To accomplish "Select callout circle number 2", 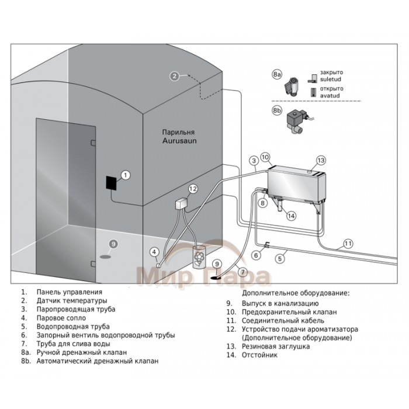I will coord(174,75).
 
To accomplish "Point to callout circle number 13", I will coord(320,160).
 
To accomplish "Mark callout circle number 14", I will coord(290,214).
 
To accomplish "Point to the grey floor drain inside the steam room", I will coord(105,255).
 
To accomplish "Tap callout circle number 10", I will coord(265,157).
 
